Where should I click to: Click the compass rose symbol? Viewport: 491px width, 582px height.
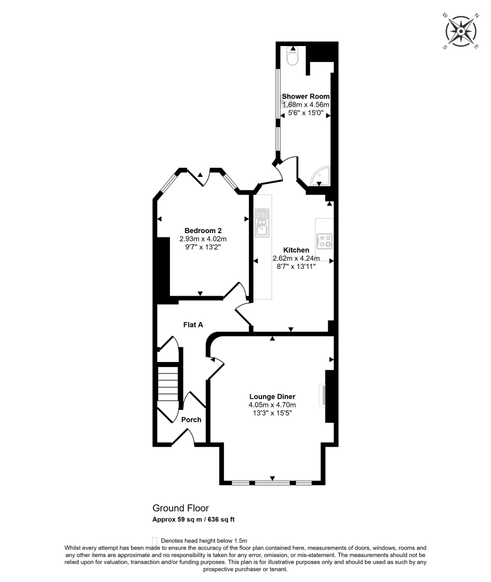(x=460, y=31)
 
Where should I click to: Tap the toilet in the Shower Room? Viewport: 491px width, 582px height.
(x=293, y=57)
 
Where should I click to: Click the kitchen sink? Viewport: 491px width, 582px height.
(x=262, y=222)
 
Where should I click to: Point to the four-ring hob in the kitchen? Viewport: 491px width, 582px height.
(x=325, y=240)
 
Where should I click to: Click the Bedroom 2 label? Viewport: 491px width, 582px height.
(x=203, y=230)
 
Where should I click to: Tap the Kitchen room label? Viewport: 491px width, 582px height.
(x=296, y=250)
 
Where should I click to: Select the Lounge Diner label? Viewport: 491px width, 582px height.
(x=272, y=396)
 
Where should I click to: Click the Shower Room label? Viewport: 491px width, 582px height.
(x=306, y=97)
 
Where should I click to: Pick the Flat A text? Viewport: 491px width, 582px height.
(x=193, y=325)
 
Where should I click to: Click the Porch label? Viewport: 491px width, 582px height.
(x=191, y=419)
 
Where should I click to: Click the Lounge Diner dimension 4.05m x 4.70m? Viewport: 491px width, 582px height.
(x=272, y=405)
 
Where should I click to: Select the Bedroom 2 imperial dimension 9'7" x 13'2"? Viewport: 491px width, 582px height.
(x=203, y=247)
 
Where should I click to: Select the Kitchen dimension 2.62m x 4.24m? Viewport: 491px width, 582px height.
(x=296, y=259)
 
